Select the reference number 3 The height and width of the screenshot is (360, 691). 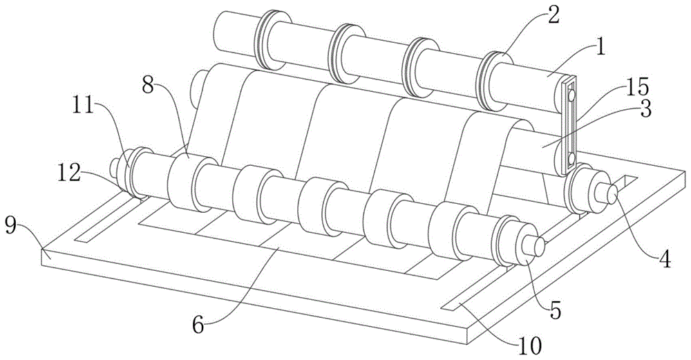pyautogui.click(x=645, y=109)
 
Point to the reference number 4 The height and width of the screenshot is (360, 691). pyautogui.click(x=665, y=258)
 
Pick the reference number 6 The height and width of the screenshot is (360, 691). pyautogui.click(x=199, y=325)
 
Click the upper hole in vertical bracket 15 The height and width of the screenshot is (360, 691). pyautogui.click(x=571, y=94)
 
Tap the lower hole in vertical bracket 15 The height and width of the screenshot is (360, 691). pyautogui.click(x=571, y=158)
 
